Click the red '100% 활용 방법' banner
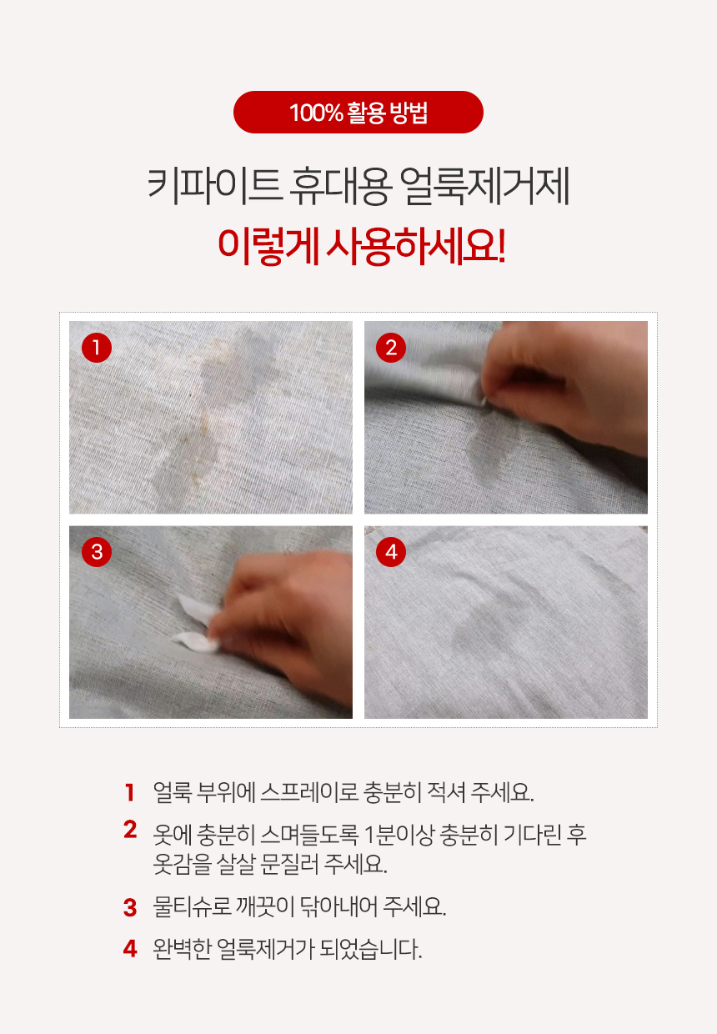point(358,113)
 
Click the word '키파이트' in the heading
point(215,187)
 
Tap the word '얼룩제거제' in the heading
point(484,187)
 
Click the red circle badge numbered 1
point(97,348)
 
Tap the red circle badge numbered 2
point(391,348)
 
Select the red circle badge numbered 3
point(97,552)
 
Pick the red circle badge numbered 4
point(391,552)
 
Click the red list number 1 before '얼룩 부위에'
point(130,792)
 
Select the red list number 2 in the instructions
point(130,830)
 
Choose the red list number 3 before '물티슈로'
point(130,907)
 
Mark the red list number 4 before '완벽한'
point(130,949)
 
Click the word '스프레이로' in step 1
point(309,792)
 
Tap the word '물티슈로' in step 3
point(192,907)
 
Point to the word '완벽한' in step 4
point(182,949)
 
